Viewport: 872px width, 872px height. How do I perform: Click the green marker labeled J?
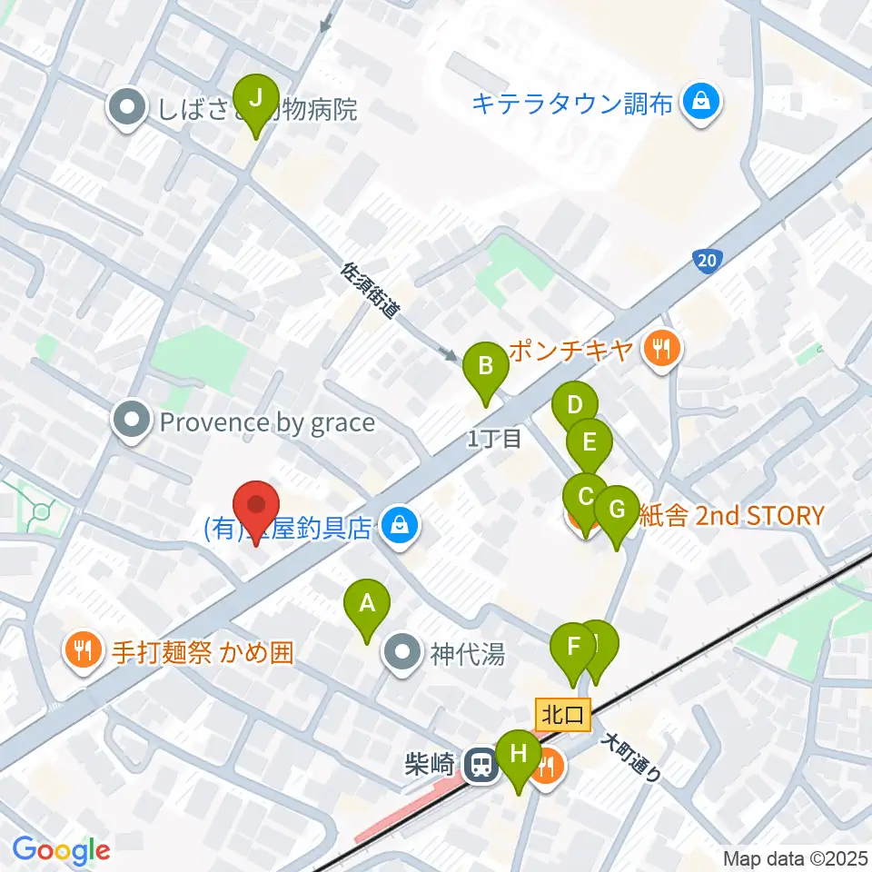(256, 97)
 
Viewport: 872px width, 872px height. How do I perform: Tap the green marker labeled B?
(485, 368)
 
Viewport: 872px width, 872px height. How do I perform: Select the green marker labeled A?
(367, 603)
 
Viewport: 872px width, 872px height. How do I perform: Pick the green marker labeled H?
(519, 754)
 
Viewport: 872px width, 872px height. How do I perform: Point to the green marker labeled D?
(574, 406)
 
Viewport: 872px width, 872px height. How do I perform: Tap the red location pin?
(256, 505)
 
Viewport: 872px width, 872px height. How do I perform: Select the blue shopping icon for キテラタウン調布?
(702, 101)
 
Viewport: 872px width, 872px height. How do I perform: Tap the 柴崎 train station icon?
(480, 765)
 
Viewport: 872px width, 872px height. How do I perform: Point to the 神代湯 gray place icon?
(401, 652)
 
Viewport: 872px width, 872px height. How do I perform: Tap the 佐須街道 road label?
(371, 292)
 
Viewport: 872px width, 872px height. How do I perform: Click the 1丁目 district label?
(494, 440)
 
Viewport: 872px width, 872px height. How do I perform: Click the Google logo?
(61, 850)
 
